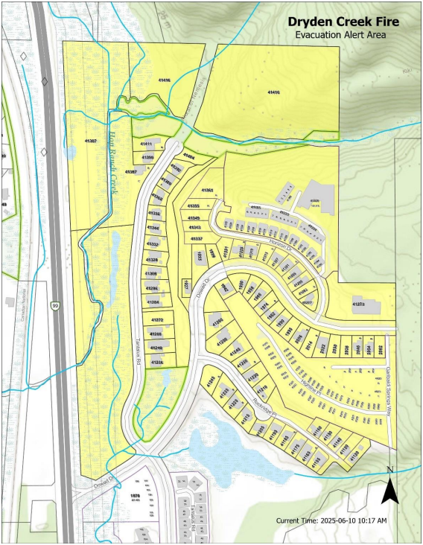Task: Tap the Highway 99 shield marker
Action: point(54,306)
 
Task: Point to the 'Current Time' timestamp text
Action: point(331,520)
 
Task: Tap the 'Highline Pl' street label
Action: point(305,383)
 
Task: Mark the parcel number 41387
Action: point(91,139)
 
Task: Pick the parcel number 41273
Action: point(358,305)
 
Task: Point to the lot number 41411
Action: point(146,144)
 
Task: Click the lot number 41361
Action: point(207,191)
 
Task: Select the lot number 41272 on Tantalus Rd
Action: point(157,319)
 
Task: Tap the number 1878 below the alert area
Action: point(135,495)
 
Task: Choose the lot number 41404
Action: point(189,157)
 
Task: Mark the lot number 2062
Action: point(381,348)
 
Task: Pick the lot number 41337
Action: point(197,238)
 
